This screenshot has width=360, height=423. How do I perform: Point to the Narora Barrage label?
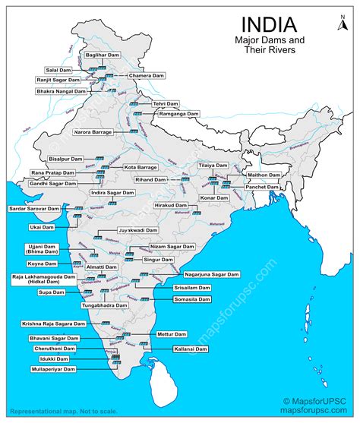[x=93, y=132]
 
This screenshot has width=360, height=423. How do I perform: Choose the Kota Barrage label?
[x=141, y=166]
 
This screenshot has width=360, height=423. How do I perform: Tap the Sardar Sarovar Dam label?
[x=33, y=208]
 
